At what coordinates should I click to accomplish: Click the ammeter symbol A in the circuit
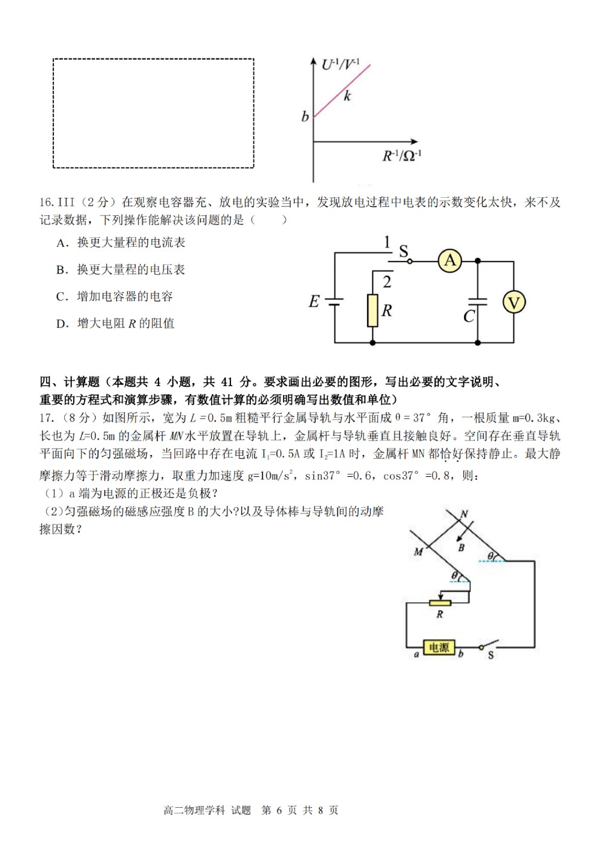pos(449,261)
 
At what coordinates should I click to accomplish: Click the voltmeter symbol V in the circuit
pos(514,302)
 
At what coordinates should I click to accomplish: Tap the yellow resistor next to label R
pos(373,310)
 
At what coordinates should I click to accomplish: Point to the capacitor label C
pos(469,316)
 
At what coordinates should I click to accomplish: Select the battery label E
pos(314,301)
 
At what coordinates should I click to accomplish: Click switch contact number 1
pos(386,242)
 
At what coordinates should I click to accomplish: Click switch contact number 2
pos(386,281)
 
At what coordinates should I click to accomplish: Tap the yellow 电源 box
pos(439,647)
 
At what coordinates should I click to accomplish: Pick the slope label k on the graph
pos(347,95)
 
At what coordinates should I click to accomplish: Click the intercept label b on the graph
pos(305,116)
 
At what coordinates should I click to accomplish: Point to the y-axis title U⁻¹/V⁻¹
pos(341,64)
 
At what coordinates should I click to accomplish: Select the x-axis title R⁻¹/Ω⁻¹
pos(402,156)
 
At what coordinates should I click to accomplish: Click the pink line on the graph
pos(342,91)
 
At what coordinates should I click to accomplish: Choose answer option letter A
pos(61,243)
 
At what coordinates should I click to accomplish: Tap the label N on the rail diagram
pos(465,514)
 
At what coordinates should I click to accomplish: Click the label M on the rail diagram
pos(418,552)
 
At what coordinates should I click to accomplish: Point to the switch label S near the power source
pos(491,655)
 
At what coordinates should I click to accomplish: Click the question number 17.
pos(46,418)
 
